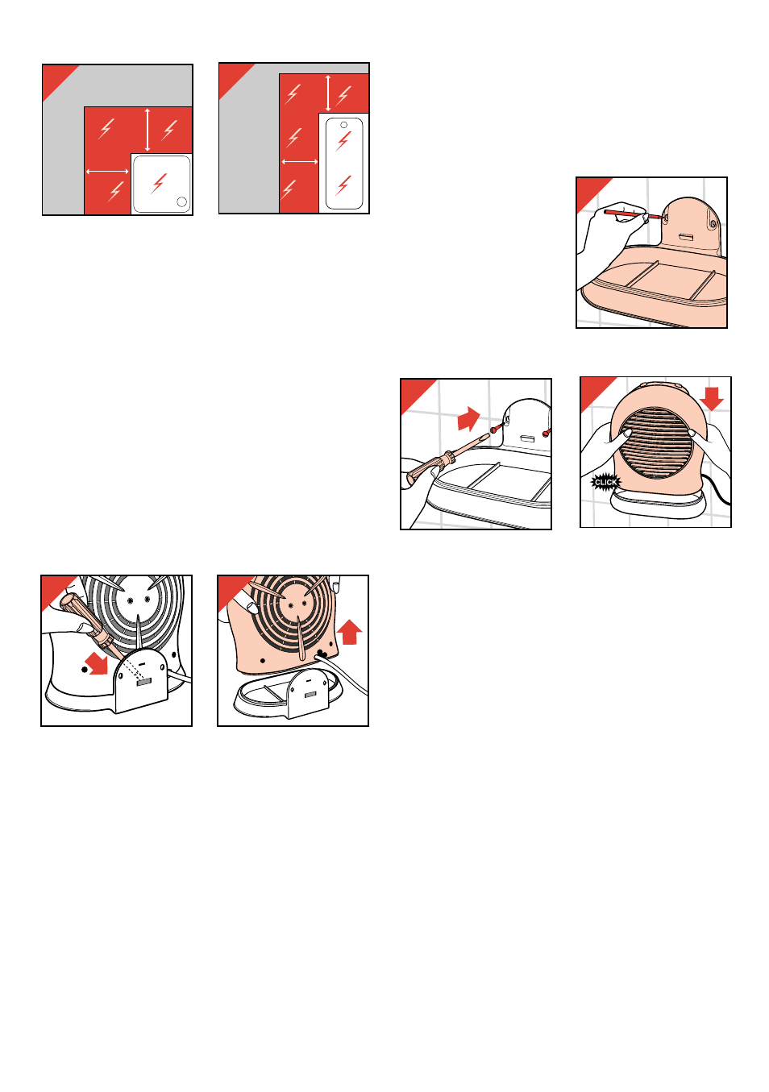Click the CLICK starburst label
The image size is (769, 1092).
(605, 482)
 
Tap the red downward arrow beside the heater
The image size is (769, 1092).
(712, 398)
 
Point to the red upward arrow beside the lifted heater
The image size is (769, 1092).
(349, 631)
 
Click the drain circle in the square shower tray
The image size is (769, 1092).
(181, 201)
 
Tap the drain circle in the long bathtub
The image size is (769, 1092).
(343, 125)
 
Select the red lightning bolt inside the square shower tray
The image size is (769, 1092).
(159, 183)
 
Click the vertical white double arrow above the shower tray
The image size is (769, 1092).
(148, 131)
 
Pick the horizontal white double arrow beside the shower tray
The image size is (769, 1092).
(107, 171)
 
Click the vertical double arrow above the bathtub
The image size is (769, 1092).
(328, 93)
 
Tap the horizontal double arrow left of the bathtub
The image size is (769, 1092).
(300, 161)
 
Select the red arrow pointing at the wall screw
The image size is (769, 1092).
(468, 418)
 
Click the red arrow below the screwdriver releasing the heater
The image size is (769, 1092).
(97, 664)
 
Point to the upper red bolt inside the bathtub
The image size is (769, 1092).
(343, 141)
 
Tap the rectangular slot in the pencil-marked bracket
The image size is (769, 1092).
(686, 236)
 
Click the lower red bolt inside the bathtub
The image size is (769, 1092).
(343, 185)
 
